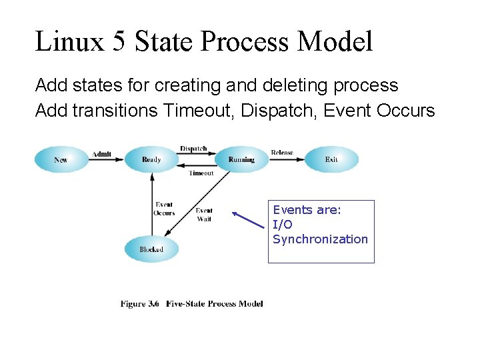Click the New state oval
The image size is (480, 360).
point(61,159)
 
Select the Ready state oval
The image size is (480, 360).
point(151,159)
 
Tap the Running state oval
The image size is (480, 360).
point(241,159)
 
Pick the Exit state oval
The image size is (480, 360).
point(331,159)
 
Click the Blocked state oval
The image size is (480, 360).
point(151,249)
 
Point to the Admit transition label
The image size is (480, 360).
point(101,154)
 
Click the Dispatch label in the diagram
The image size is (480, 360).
point(193,149)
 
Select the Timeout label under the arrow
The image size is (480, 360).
point(201,173)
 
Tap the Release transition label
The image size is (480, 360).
point(282,153)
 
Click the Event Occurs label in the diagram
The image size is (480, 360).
point(164,209)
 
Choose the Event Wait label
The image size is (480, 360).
point(204,215)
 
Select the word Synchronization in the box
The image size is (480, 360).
point(320,239)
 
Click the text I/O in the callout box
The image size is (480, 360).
point(283,225)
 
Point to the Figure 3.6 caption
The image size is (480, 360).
point(191,304)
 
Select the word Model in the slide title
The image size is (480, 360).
point(335,41)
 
